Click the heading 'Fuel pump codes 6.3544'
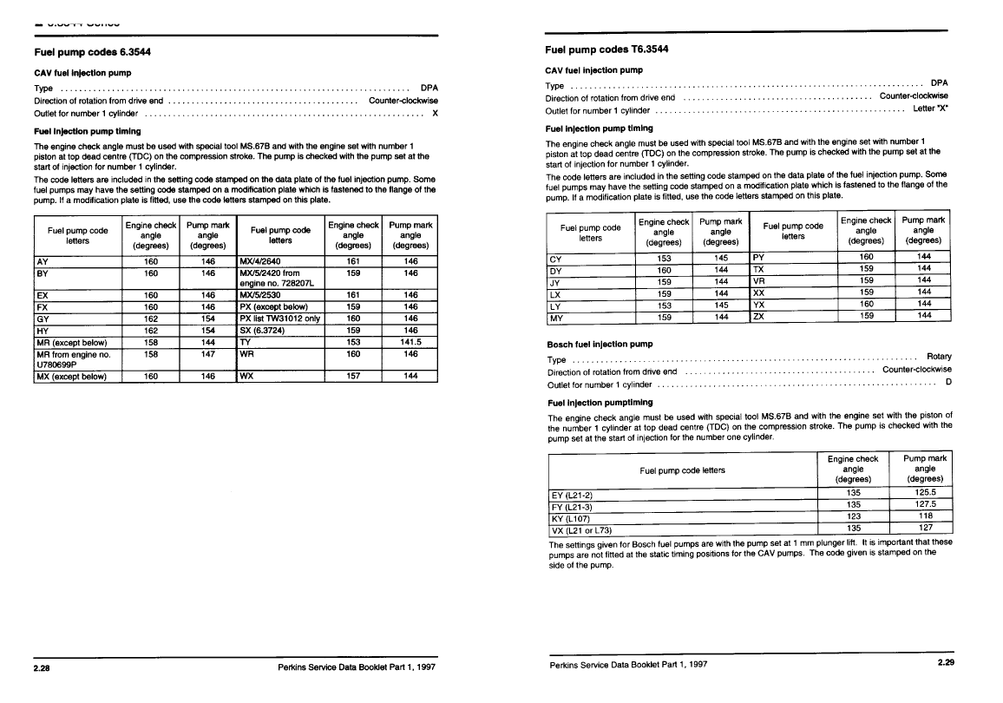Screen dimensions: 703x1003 (91, 51)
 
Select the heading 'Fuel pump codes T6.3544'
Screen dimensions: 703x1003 (606, 49)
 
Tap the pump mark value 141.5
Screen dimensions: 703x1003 (411, 342)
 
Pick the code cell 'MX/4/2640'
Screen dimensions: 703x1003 (259, 260)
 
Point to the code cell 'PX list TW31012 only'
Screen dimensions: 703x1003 (280, 319)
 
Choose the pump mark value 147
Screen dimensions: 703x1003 (207, 354)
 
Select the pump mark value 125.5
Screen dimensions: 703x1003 (925, 492)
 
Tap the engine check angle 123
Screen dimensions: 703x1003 (853, 516)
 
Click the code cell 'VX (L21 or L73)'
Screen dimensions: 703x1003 (582, 529)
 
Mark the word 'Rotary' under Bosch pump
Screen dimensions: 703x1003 (939, 357)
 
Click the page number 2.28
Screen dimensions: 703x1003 (43, 667)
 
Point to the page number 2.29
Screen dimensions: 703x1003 (945, 664)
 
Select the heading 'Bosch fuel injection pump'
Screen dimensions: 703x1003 (600, 345)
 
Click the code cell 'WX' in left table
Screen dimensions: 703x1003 (247, 377)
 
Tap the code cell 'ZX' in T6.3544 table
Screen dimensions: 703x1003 (759, 316)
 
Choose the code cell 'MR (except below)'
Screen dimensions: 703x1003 (70, 342)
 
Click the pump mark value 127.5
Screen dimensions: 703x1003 (925, 504)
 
